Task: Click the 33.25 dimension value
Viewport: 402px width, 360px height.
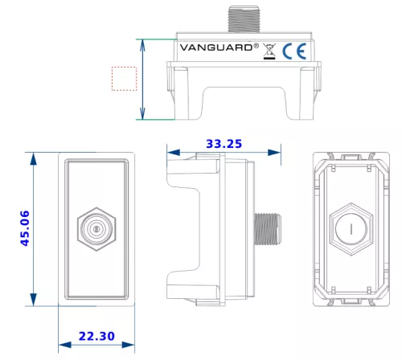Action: coord(224,144)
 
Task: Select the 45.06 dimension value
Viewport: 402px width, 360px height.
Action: coord(25,228)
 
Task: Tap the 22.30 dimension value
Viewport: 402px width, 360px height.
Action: coord(96,336)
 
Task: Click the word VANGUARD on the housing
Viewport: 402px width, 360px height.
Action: coord(216,47)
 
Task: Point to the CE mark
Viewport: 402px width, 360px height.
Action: coord(294,51)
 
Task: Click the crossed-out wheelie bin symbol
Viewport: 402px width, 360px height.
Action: coord(269,51)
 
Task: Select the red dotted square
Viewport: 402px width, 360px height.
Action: coord(124,79)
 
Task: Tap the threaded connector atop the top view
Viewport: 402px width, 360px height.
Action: coord(244,19)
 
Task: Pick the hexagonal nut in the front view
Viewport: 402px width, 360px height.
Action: coord(96,229)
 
